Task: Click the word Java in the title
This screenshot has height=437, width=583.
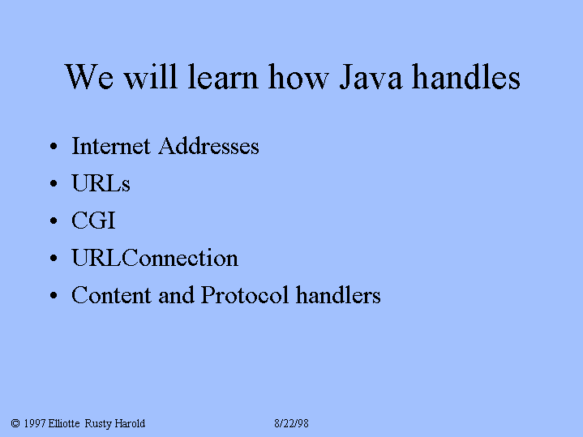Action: tap(371, 77)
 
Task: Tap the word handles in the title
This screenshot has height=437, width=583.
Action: tap(466, 76)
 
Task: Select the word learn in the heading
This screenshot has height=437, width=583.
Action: tap(222, 76)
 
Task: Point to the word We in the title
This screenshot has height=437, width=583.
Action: tap(89, 76)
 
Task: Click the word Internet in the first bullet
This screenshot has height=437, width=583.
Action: tap(111, 145)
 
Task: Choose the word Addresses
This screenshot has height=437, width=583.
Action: tap(208, 145)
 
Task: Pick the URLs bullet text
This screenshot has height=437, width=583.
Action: tap(101, 183)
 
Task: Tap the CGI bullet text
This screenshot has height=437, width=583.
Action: tap(94, 221)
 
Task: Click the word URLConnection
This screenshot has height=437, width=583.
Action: tap(155, 257)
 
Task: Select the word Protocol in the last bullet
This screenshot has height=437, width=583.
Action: tap(245, 295)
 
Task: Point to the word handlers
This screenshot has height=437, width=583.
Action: tap(338, 295)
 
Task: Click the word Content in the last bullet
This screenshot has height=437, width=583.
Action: tap(111, 295)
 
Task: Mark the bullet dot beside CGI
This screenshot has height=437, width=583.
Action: tap(54, 221)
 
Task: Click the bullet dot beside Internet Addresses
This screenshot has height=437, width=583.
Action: tap(54, 146)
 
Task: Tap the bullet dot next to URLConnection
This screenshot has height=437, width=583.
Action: tap(54, 258)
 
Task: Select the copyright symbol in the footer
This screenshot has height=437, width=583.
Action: tap(15, 423)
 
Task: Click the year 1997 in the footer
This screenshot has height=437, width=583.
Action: tap(35, 423)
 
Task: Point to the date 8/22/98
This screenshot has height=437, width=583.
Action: tap(292, 423)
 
